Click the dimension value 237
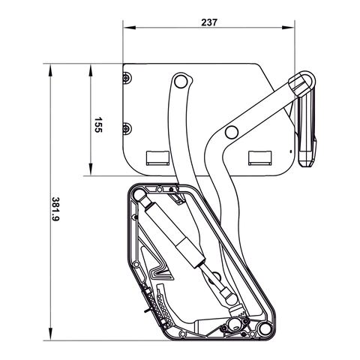pos(209,22)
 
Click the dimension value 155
pos(97,124)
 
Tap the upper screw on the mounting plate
pos(127,76)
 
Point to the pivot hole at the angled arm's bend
pos(232,132)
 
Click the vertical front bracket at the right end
pos(307,124)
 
